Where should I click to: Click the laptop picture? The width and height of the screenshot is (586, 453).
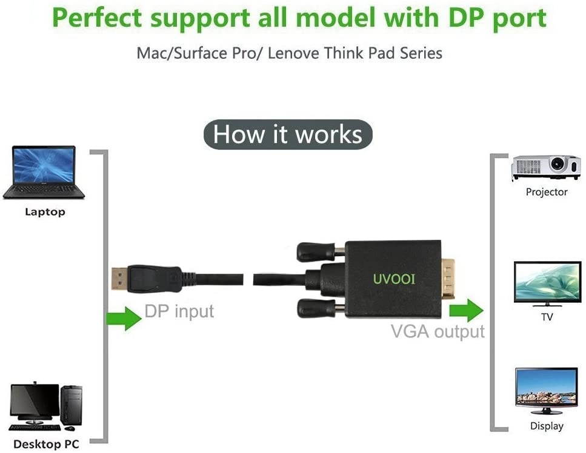44,173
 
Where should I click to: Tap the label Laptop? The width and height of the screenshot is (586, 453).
45,212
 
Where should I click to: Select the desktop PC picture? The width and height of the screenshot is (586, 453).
46,405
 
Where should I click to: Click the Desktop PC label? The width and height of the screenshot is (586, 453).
46,445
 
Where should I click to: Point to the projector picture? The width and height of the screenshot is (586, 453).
546,167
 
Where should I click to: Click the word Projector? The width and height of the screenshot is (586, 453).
547,192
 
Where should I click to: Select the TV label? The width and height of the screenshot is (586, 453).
547,317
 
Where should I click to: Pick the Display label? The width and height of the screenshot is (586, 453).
547,426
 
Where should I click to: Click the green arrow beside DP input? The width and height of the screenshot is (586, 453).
124,318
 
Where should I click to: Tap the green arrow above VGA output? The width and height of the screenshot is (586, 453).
466,309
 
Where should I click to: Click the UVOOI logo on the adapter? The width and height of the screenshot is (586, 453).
394,279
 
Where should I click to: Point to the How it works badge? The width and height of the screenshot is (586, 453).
288,134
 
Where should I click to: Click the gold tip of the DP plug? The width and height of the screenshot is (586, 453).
119,279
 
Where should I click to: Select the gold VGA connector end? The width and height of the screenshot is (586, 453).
448,278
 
